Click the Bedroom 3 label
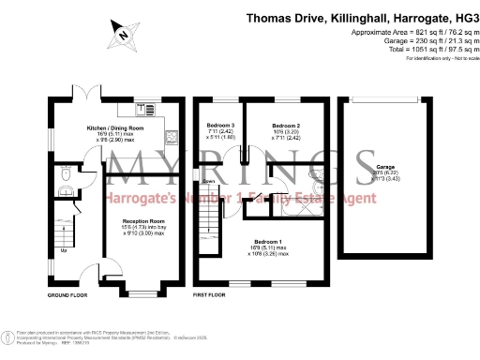219,125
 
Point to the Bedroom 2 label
286,125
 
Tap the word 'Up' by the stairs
64,250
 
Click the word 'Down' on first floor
209,182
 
